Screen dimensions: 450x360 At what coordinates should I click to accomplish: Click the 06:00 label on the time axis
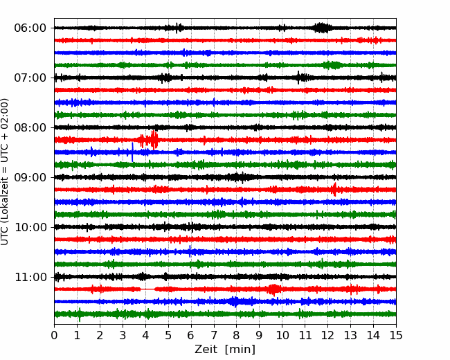(x=30, y=28)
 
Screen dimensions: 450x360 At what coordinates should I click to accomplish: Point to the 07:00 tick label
(x=30, y=78)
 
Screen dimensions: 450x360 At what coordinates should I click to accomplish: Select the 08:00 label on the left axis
(x=30, y=127)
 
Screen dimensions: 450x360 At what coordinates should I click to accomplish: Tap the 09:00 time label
(x=30, y=177)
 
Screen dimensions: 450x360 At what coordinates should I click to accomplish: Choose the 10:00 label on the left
(x=30, y=227)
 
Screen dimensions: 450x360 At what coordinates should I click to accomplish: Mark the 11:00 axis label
(x=30, y=277)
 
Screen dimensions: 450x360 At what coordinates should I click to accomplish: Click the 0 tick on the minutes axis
(x=54, y=335)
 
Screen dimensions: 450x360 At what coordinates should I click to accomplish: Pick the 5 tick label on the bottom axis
(x=168, y=335)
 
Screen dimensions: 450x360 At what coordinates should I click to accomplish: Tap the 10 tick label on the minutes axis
(x=282, y=335)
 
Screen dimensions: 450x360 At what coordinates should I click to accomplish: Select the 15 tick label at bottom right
(x=396, y=335)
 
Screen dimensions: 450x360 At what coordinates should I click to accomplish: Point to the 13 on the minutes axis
(x=350, y=335)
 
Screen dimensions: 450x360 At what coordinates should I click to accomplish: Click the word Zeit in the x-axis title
(x=207, y=349)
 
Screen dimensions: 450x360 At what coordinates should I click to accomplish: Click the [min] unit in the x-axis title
(x=240, y=350)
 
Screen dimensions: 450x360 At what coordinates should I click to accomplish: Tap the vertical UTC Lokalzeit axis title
(x=4, y=172)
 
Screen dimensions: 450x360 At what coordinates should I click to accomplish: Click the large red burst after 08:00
(x=149, y=140)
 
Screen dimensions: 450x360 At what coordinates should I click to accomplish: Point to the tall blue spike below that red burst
(x=132, y=152)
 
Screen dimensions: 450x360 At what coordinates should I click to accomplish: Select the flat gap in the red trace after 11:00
(x=147, y=289)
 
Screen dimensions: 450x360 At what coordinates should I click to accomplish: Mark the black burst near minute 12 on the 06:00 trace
(x=321, y=28)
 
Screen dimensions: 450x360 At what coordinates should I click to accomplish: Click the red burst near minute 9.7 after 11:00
(x=273, y=289)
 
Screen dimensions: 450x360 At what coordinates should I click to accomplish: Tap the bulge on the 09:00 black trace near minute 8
(x=237, y=177)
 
